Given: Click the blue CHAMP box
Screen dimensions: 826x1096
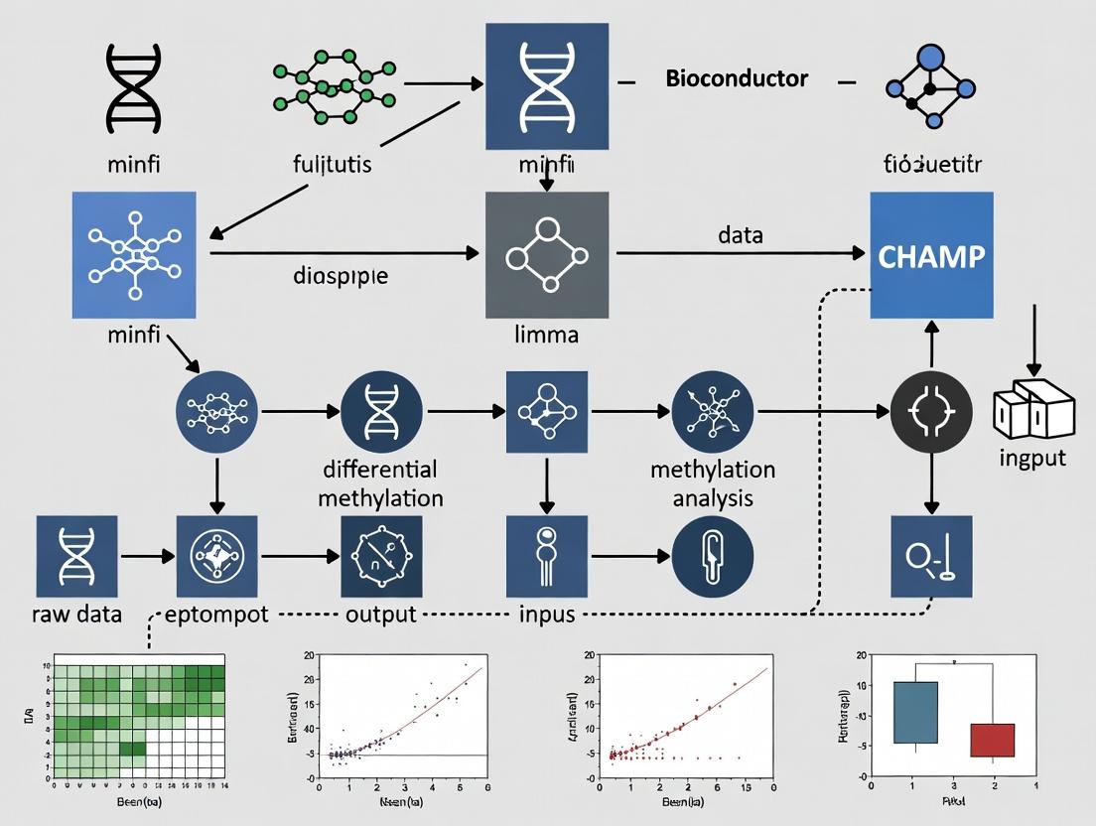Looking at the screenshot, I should [930, 255].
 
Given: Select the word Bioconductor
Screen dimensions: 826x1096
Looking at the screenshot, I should [736, 78].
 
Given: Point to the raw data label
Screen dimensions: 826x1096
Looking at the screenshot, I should [76, 614].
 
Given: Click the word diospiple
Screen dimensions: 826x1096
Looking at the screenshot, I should [341, 275].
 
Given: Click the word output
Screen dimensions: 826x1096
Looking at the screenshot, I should [380, 614].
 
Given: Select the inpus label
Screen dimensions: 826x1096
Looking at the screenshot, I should [547, 614].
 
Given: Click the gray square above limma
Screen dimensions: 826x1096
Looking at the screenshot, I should [546, 255].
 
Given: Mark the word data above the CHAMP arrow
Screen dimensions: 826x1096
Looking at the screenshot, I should [740, 235].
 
